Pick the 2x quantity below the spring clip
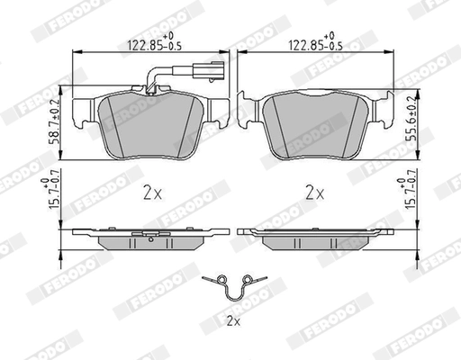coord(232,320)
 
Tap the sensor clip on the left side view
coord(139,237)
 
